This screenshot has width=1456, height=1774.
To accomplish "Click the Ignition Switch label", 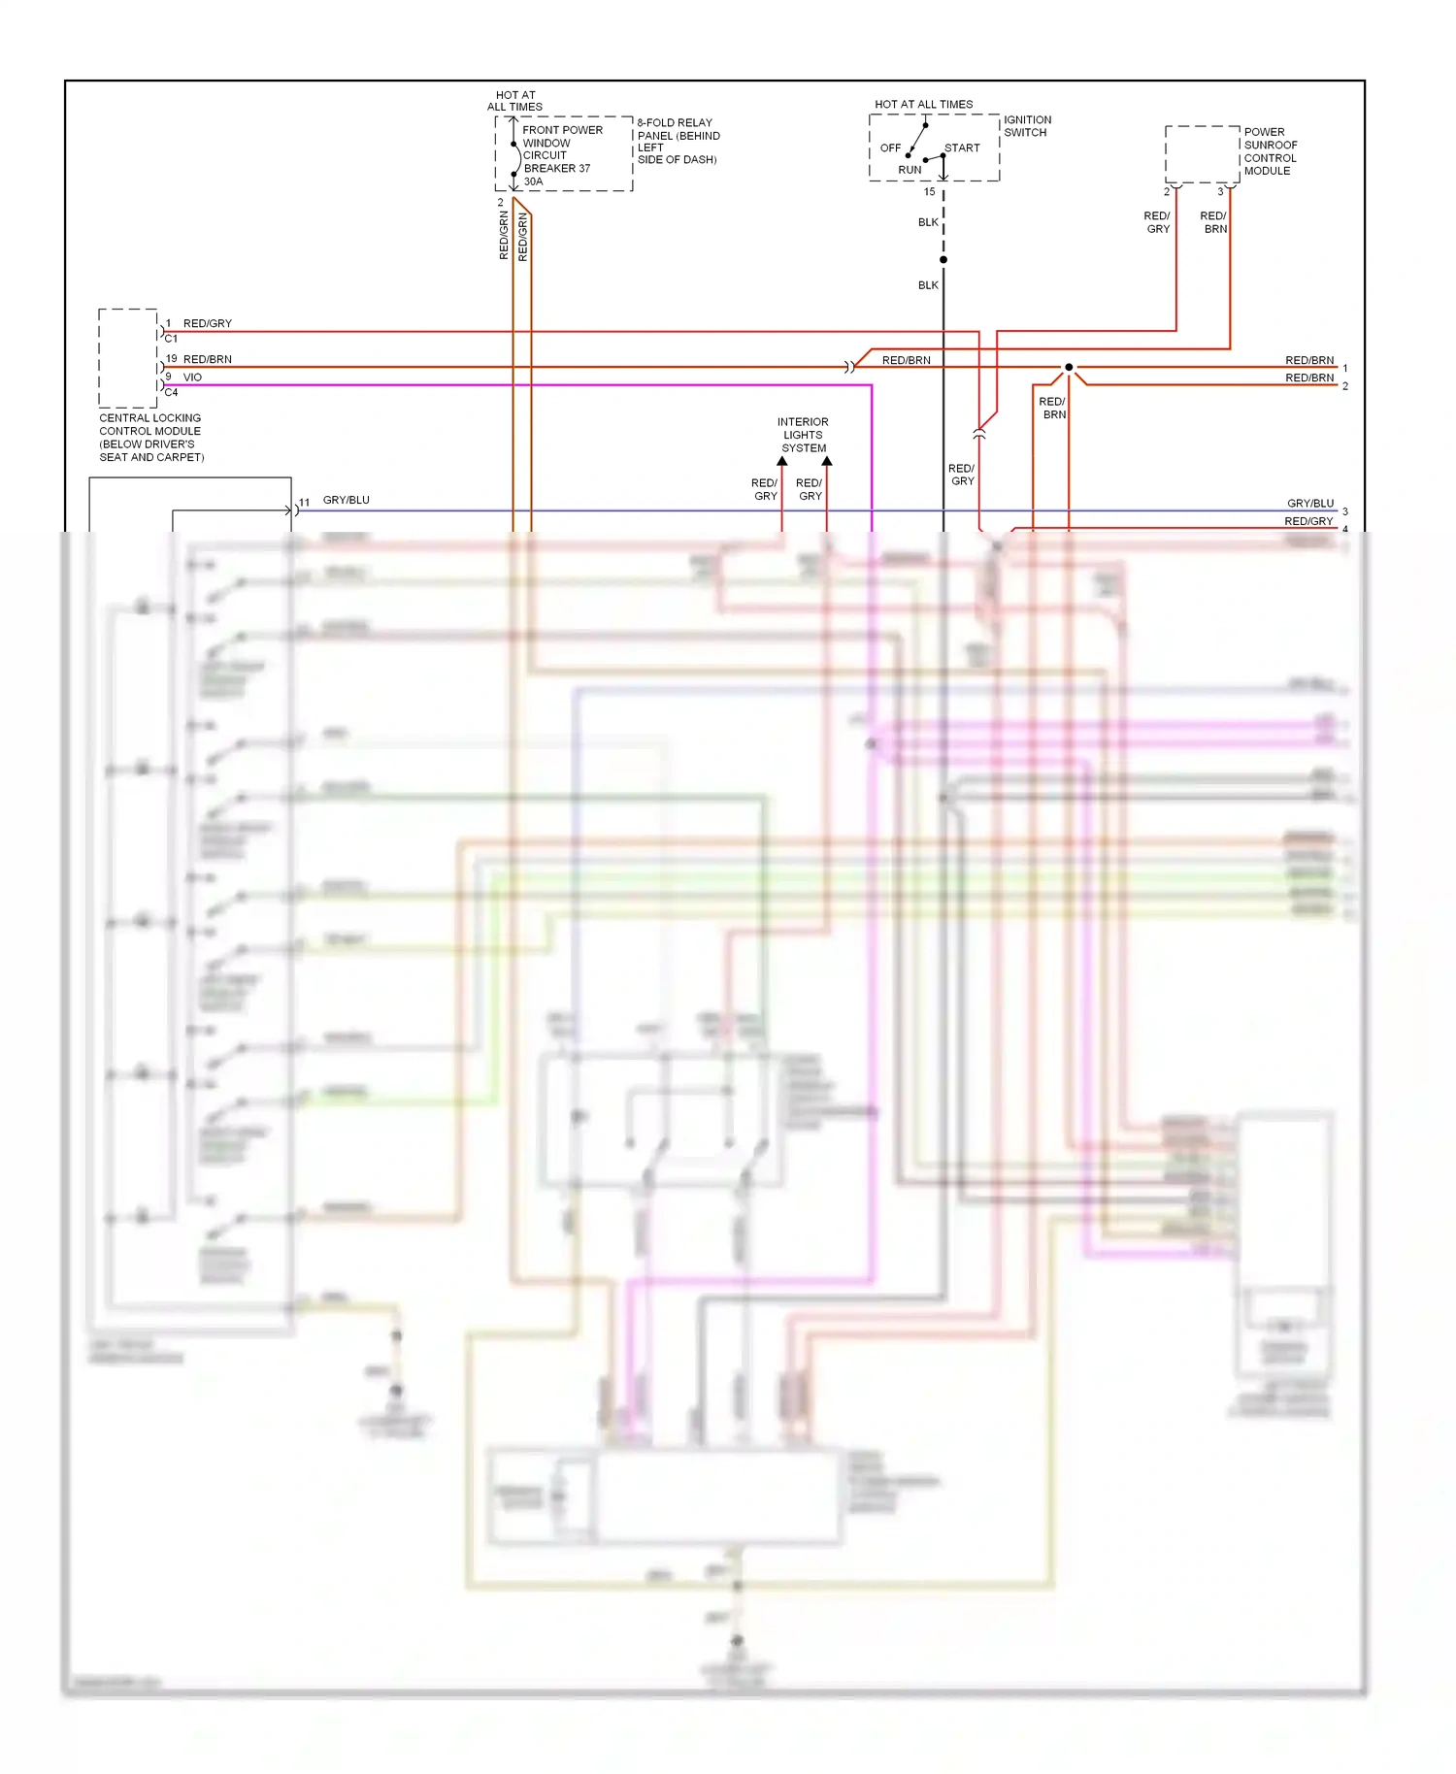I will pos(1026,126).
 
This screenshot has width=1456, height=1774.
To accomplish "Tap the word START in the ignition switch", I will pos(962,148).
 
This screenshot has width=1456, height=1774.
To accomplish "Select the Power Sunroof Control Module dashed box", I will pos(1203,153).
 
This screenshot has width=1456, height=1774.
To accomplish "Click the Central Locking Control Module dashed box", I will pos(128,358).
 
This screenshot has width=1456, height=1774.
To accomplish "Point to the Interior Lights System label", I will pos(804,435).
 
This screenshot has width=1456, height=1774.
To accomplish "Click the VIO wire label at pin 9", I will pos(192,378).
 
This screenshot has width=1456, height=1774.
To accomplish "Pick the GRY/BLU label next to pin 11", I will pos(346,500).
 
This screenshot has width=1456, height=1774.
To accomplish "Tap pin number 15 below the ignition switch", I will pos(929,192).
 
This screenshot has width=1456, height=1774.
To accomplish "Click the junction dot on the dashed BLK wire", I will pos(943,259).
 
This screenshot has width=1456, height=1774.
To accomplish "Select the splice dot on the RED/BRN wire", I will pos(1069,367).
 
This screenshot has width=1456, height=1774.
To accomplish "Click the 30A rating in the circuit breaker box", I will pos(533,181).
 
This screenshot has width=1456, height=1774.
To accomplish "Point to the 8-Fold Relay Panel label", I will pos(678,142).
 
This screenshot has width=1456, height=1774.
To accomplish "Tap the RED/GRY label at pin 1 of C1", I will pos(208,324).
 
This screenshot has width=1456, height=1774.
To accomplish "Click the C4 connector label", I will pos(171,393).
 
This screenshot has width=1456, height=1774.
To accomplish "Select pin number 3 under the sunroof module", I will pos(1220,192).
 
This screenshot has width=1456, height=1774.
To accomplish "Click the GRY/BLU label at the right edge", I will pos(1310,504).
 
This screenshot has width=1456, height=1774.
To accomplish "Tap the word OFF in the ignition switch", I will pos(890,148).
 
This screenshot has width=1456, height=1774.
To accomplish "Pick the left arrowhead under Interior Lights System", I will pos(782,462).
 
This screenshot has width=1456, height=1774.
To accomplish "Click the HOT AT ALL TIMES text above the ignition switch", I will pos(923,105).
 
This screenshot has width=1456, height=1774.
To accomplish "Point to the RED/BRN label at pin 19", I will pos(208,359).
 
